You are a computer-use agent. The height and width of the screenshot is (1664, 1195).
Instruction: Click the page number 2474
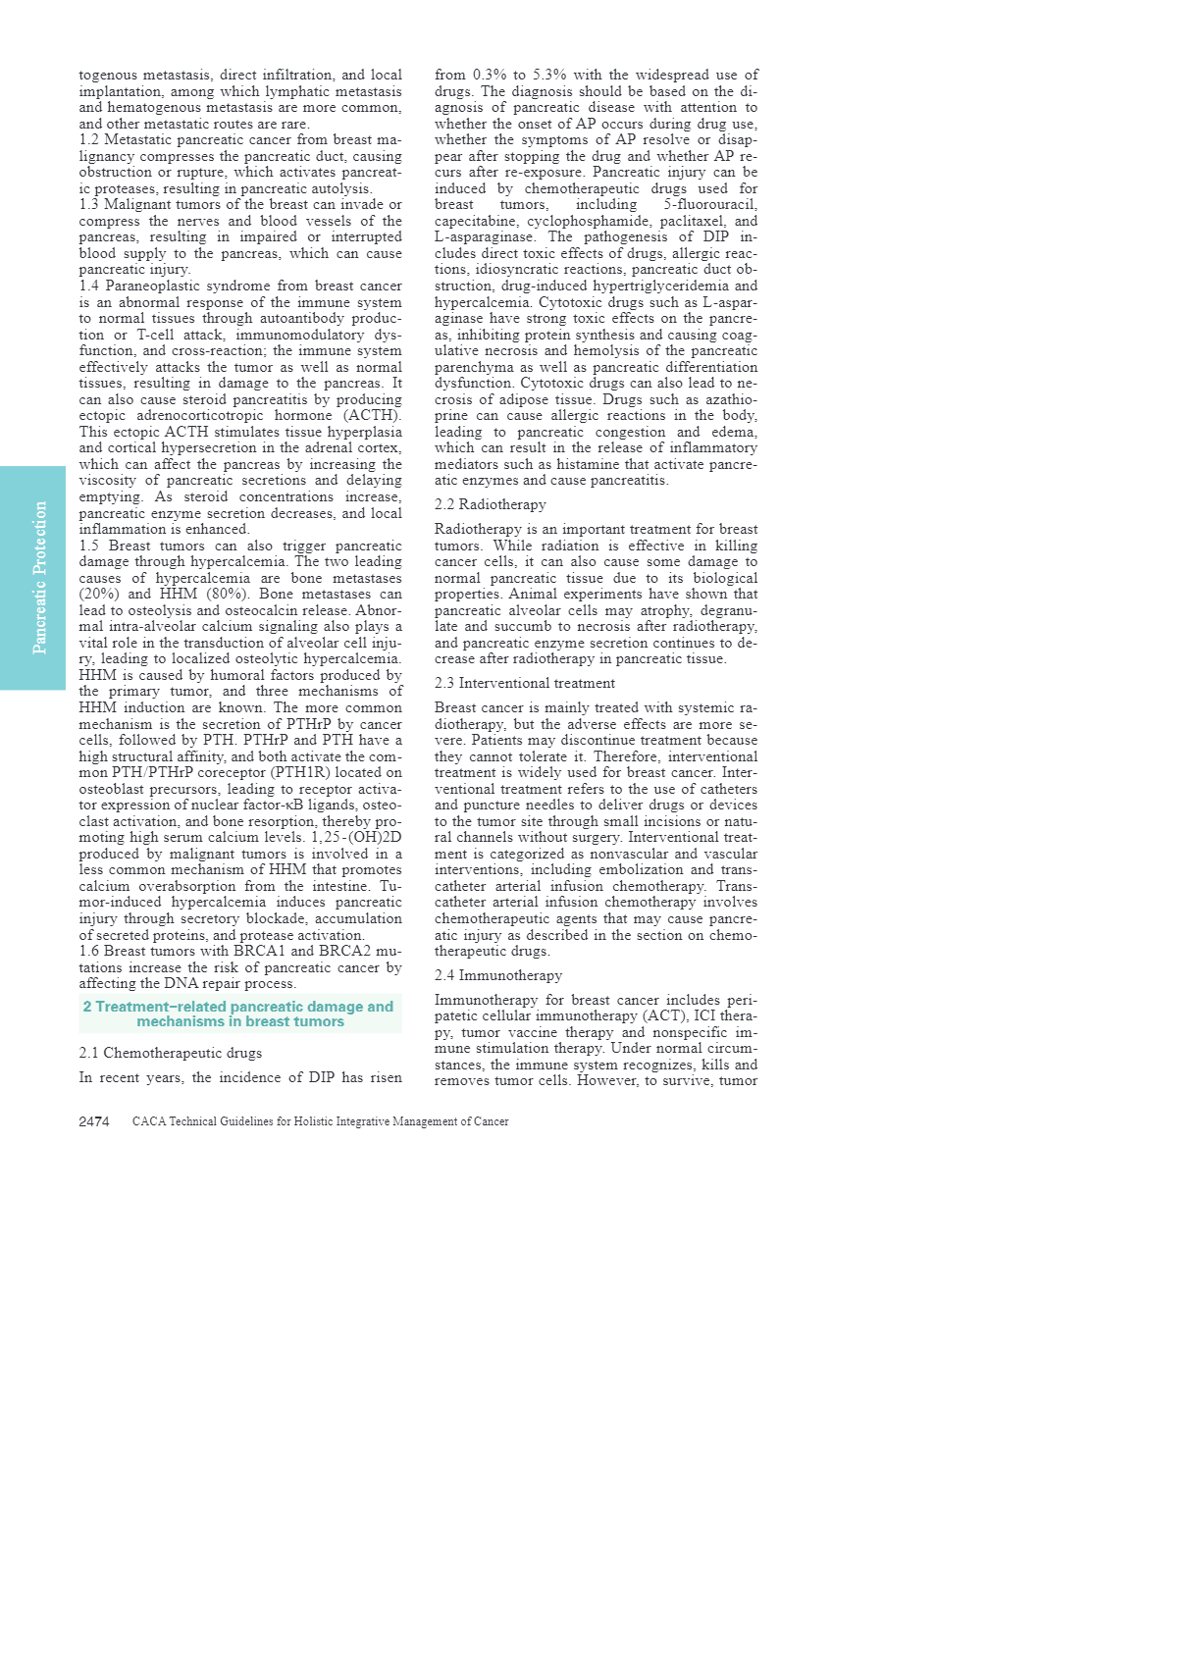click(x=94, y=1121)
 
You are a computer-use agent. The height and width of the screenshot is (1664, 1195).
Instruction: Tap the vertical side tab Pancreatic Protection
click(x=39, y=578)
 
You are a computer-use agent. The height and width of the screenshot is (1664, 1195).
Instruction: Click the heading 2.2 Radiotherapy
click(x=490, y=504)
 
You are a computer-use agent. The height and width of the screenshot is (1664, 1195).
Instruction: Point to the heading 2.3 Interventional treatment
click(x=525, y=683)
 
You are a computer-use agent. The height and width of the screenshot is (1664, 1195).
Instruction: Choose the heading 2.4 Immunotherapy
click(x=498, y=975)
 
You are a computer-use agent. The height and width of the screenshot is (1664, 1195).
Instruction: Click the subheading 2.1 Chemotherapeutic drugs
click(x=171, y=1053)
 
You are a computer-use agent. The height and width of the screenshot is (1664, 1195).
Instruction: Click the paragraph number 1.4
click(x=90, y=286)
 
